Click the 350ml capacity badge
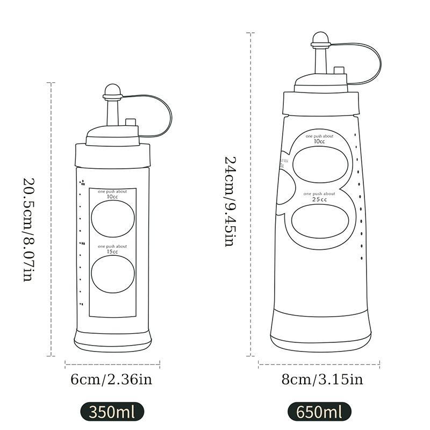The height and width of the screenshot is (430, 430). click(x=112, y=412)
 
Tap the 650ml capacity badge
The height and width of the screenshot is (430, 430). click(x=319, y=412)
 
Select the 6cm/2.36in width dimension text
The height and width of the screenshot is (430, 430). click(x=112, y=379)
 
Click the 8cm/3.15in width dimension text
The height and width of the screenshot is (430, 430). click(x=322, y=379)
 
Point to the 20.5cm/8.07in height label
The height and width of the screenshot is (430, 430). click(x=28, y=230)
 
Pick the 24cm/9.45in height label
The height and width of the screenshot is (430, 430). click(x=229, y=201)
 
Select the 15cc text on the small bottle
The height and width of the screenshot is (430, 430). click(x=112, y=252)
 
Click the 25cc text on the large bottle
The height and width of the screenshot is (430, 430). click(x=319, y=199)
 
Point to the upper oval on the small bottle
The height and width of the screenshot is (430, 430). click(x=113, y=220)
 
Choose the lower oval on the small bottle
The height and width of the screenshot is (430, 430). click(x=113, y=274)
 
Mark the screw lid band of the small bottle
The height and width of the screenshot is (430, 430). click(x=112, y=155)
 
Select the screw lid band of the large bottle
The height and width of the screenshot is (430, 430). click(x=321, y=103)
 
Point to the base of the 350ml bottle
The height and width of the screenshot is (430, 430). click(x=113, y=339)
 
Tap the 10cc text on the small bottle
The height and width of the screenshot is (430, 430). click(x=112, y=197)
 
